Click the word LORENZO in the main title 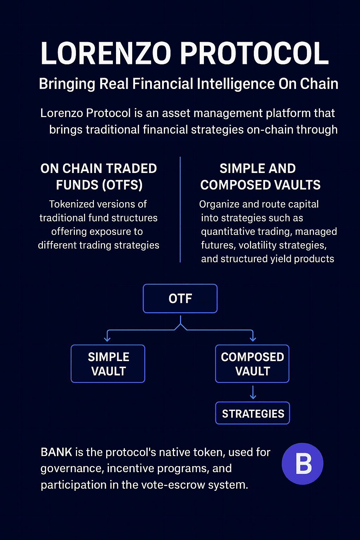[105, 53]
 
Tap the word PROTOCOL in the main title [255, 53]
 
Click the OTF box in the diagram [180, 298]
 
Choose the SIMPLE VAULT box [108, 364]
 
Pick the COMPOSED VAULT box [252, 364]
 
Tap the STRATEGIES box [252, 413]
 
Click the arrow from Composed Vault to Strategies [253, 392]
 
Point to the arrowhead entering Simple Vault [107, 339]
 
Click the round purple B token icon [302, 464]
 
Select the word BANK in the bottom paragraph [56, 452]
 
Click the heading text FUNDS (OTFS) [99, 185]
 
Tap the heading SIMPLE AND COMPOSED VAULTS [260, 177]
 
